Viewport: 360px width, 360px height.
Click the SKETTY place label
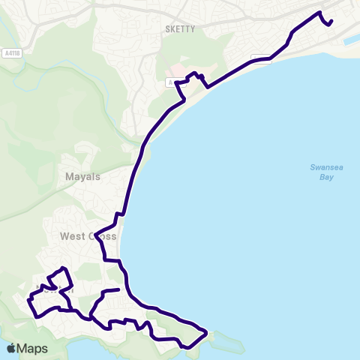click(178, 29)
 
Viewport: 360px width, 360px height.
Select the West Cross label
click(88, 236)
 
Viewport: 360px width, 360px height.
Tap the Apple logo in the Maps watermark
click(11, 348)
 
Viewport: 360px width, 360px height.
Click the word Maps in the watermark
click(33, 348)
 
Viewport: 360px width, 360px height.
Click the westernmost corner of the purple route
click(28, 301)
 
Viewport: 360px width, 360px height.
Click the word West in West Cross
click(73, 236)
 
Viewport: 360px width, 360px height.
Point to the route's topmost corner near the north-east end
click(320, 13)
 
